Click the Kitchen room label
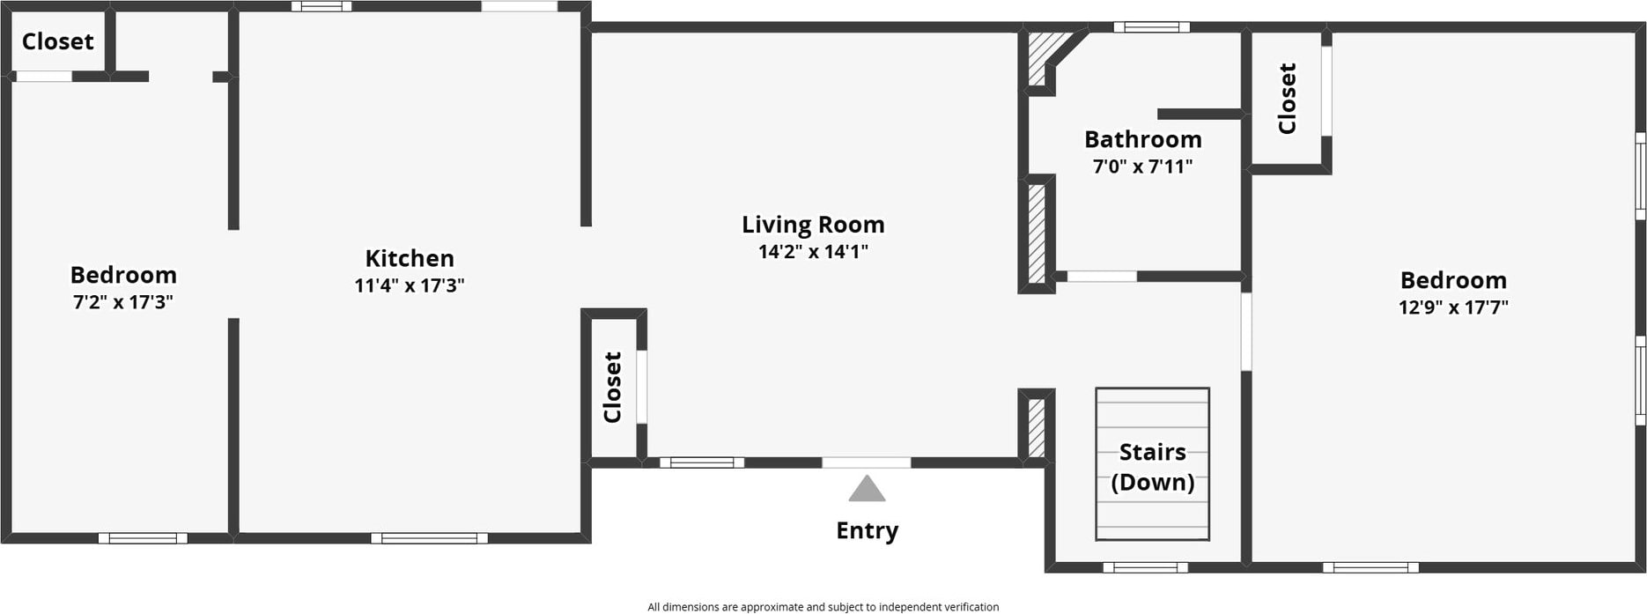point(410,258)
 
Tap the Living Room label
point(813,225)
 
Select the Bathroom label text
point(1142,139)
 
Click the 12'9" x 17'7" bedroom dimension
point(1453,307)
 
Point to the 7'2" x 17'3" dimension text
point(122,302)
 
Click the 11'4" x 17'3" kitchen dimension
point(410,285)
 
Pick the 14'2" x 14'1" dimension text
point(813,252)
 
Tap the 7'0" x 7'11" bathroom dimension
point(1142,166)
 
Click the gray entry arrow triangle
point(867,489)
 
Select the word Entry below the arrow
point(867,530)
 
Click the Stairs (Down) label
point(1152,467)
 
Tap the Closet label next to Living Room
point(613,387)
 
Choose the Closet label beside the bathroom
point(1287,98)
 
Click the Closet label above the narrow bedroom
point(57,41)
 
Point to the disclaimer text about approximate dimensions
point(823,607)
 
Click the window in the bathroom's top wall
point(1151,27)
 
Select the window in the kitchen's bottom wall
point(429,538)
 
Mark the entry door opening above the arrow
point(867,462)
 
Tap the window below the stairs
point(1145,567)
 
